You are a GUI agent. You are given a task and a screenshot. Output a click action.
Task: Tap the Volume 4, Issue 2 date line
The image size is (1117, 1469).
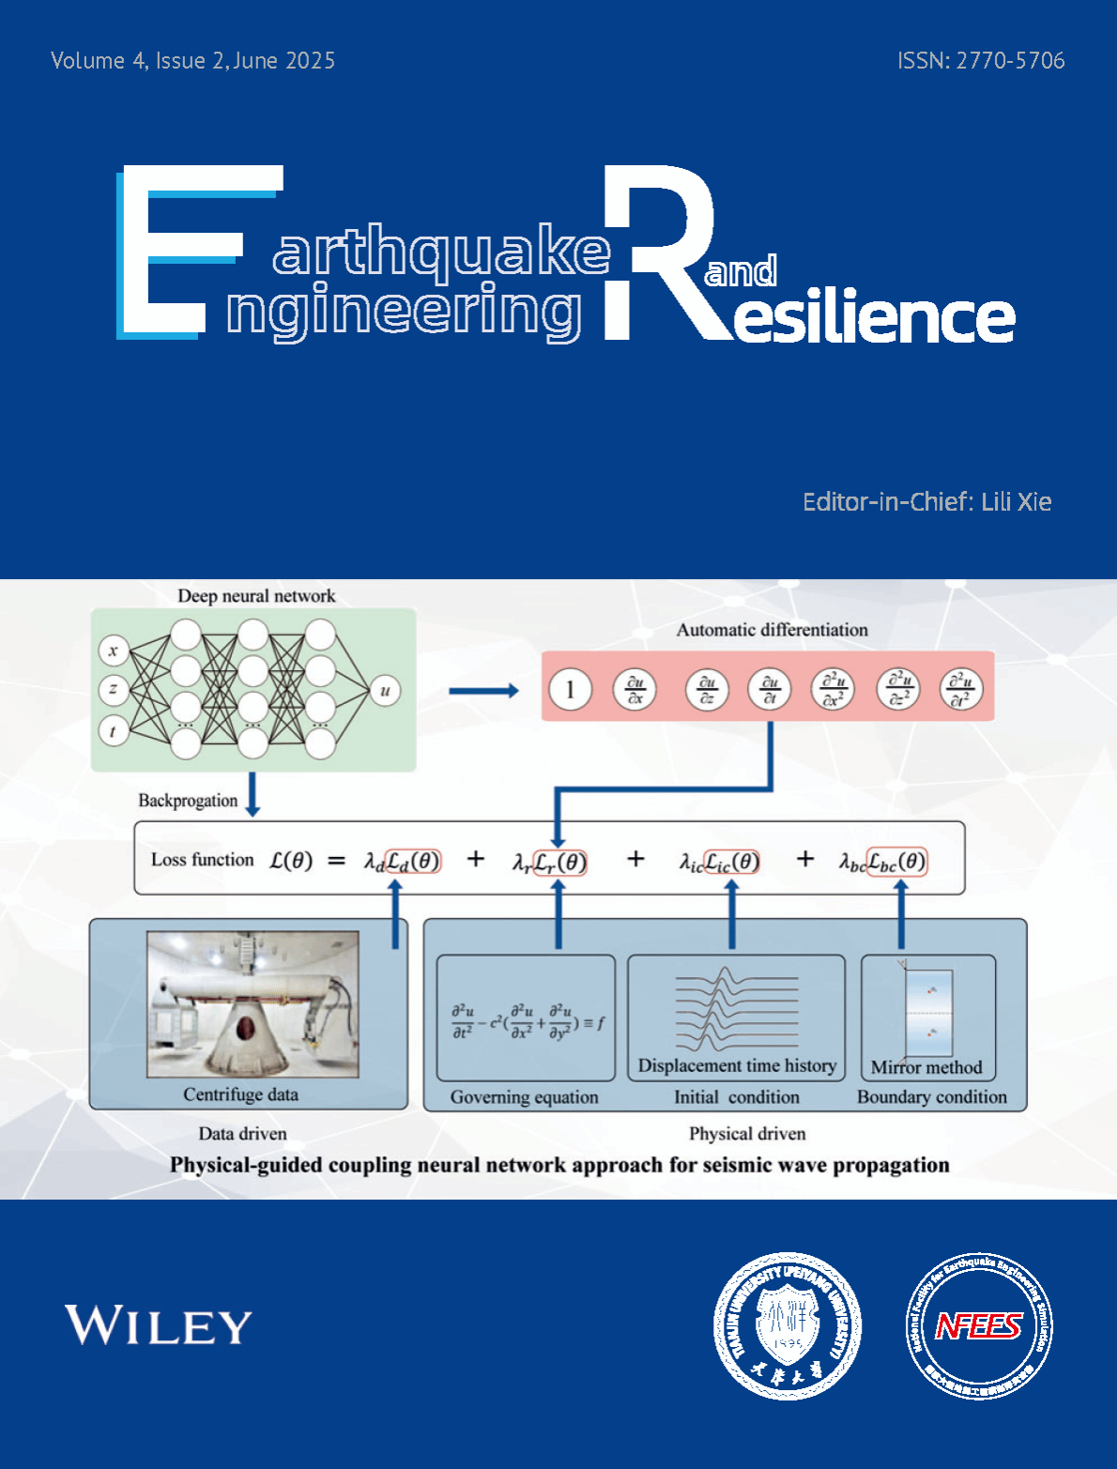point(192,61)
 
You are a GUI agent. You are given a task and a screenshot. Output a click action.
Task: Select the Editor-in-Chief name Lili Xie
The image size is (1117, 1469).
point(1016,502)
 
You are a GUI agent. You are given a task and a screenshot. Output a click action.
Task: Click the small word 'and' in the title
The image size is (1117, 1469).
point(741,272)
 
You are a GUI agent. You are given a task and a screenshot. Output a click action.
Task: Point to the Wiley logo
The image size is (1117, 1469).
point(158,1325)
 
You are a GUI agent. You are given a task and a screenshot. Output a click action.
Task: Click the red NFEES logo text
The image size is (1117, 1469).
point(979,1325)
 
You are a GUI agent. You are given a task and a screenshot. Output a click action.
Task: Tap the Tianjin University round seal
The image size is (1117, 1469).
point(788,1325)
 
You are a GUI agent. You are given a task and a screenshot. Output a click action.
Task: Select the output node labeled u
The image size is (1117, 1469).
point(385,691)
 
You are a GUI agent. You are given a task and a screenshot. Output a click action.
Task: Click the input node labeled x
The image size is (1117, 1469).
point(114,650)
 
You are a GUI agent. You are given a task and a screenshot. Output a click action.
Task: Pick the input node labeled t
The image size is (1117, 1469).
point(114,731)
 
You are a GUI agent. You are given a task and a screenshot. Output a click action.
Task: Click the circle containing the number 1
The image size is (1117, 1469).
point(570,690)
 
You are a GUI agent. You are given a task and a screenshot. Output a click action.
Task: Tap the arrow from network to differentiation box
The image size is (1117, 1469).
point(483,692)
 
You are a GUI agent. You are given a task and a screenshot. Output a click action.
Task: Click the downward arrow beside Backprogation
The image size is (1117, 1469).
point(252,795)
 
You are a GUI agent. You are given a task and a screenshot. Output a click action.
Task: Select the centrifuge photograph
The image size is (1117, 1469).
point(252,1003)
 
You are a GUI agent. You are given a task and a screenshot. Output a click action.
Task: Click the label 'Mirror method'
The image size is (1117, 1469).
point(926,1067)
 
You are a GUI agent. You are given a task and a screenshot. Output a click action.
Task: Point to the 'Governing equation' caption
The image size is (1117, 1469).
point(524,1097)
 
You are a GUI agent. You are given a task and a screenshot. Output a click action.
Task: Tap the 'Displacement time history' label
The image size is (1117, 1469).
point(737,1065)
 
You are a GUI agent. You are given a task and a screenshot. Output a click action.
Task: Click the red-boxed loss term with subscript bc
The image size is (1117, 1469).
point(895,862)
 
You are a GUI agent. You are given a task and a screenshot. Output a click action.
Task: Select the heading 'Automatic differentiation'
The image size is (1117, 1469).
point(772,630)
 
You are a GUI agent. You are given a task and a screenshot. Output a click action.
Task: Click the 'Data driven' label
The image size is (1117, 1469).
point(242,1134)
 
